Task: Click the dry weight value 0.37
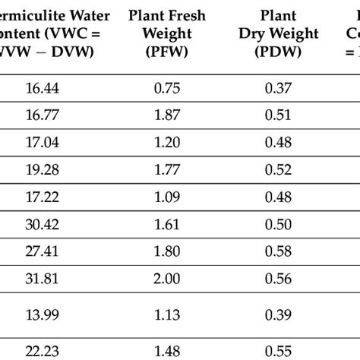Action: point(278,88)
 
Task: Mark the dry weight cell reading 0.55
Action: point(278,346)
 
